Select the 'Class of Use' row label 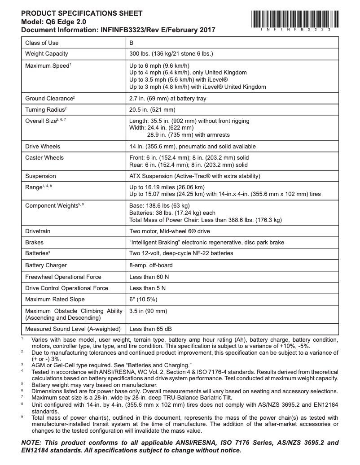42,43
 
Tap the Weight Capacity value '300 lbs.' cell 171,54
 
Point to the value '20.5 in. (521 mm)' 152,109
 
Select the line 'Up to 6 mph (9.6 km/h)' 160,66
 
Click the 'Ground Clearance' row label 50,98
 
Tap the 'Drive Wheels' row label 43,146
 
